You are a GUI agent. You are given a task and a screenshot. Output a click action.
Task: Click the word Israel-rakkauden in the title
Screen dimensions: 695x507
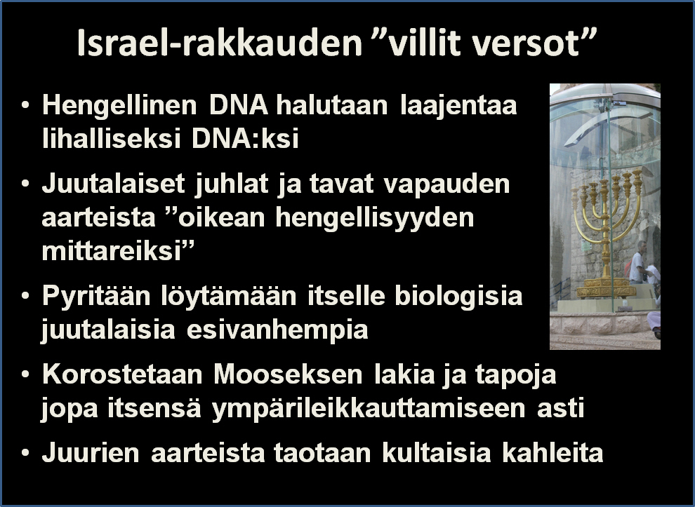tap(220, 43)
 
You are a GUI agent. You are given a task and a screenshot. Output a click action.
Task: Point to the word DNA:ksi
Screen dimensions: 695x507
tap(245, 139)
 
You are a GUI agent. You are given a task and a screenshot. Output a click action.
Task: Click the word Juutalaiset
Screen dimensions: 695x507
tap(113, 184)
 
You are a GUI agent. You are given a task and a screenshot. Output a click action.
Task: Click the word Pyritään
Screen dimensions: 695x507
tap(96, 296)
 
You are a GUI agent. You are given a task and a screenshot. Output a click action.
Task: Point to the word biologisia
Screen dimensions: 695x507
tap(458, 296)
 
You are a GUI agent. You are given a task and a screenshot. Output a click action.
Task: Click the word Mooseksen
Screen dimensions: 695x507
tap(288, 374)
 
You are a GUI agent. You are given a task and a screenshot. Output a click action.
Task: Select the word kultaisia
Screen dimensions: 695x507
tap(436, 453)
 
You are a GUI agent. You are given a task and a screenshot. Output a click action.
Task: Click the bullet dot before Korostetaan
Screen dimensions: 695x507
tap(25, 374)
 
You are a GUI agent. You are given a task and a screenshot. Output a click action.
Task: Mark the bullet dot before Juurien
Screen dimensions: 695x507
tap(25, 453)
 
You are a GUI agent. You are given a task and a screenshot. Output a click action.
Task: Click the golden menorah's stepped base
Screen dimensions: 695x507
tap(606, 288)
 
